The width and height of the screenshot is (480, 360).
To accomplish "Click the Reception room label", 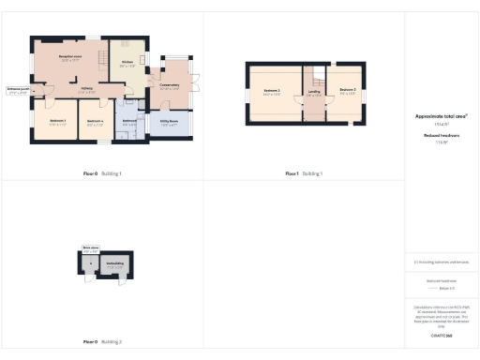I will pyautogui.click(x=67, y=58).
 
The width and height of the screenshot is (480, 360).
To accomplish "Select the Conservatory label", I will pyautogui.click(x=170, y=86).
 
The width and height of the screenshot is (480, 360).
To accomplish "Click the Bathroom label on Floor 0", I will pyautogui.click(x=130, y=120).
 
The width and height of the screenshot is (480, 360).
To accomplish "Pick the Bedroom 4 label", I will pyautogui.click(x=95, y=121).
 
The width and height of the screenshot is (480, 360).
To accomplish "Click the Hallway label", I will pyautogui.click(x=87, y=89).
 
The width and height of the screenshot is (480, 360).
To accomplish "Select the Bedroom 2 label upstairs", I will pyautogui.click(x=273, y=92).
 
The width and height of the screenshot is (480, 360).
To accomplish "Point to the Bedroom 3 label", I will pyautogui.click(x=348, y=91).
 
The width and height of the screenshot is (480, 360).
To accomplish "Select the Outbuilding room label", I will pyautogui.click(x=115, y=263).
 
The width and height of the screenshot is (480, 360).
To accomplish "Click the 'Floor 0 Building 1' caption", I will pyautogui.click(x=102, y=173).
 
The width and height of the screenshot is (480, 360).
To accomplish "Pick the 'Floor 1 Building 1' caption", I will pyautogui.click(x=304, y=173).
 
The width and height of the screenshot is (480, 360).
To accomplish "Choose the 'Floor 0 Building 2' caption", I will pyautogui.click(x=102, y=343).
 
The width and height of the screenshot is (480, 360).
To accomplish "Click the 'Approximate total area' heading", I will pyautogui.click(x=441, y=116).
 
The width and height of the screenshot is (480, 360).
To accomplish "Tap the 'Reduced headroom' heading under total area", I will pyautogui.click(x=441, y=136).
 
